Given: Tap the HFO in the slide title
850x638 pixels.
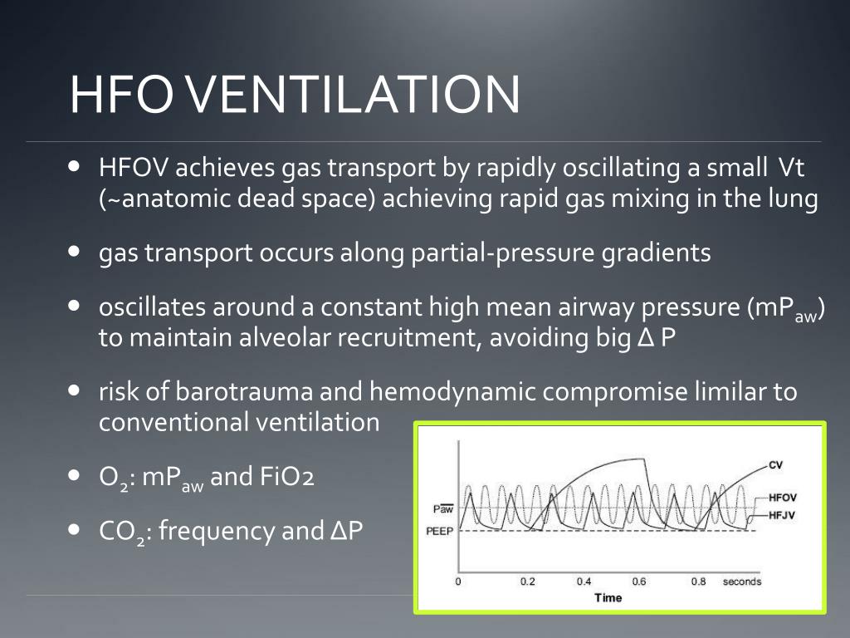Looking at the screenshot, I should tap(121, 94).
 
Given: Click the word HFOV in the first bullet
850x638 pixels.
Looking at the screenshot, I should tap(134, 169).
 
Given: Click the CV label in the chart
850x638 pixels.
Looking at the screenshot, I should tap(775, 464).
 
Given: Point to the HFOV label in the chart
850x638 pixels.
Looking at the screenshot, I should tap(783, 498).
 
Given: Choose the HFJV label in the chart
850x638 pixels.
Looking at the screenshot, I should tap(782, 516).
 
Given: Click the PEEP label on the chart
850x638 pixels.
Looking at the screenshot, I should tap(440, 531).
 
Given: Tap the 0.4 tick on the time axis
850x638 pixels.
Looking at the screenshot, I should tap(584, 582).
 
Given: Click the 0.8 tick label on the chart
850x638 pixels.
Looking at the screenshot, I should tap(698, 582).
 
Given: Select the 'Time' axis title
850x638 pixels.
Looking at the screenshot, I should tap(608, 597).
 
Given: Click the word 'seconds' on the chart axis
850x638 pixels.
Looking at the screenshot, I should tap(741, 582).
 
